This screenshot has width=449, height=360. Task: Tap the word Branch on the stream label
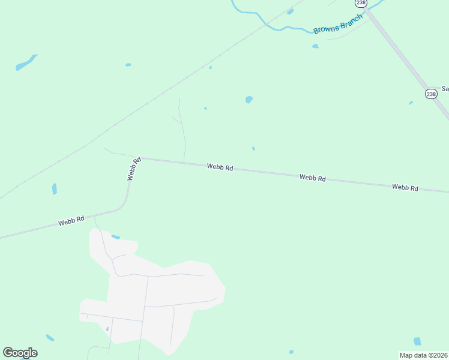(x=352, y=20)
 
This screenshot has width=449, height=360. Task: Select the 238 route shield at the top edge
(x=361, y=3)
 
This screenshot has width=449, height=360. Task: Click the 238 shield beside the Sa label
(x=431, y=94)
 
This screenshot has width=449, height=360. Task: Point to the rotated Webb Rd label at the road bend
(x=134, y=169)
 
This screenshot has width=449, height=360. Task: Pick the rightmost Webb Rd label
(x=405, y=187)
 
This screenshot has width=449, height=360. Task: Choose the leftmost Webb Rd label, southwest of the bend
(x=70, y=221)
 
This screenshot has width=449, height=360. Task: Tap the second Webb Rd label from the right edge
(x=312, y=178)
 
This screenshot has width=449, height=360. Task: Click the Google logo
(x=20, y=352)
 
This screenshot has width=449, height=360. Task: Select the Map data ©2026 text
(x=423, y=355)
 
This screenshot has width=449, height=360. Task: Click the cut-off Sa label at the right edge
(x=445, y=89)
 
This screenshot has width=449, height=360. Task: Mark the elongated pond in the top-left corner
(x=26, y=62)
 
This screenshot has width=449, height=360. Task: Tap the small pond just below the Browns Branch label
(x=315, y=46)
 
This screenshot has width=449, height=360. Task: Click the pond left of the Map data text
(x=417, y=341)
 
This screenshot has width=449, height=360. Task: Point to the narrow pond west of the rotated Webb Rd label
(x=55, y=189)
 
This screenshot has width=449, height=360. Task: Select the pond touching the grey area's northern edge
(x=115, y=237)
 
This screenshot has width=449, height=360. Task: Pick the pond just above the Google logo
(x=50, y=338)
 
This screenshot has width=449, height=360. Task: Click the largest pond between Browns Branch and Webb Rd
(x=249, y=100)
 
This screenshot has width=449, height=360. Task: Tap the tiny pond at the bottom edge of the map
(x=291, y=352)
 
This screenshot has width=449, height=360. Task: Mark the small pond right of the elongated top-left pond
(x=128, y=65)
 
